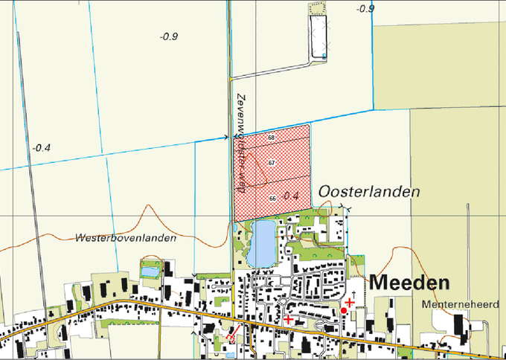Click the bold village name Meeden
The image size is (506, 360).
click(409, 283)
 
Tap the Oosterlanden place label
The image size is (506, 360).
click(368, 192)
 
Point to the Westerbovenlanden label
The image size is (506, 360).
click(126, 238)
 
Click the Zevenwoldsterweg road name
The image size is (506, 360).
click(241, 144)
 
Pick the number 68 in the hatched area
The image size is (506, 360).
click(272, 138)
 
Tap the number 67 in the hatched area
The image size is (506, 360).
click(272, 163)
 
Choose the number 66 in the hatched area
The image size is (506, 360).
click(273, 198)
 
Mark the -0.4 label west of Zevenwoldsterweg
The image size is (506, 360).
click(41, 148)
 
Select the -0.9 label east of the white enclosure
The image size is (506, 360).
click(365, 9)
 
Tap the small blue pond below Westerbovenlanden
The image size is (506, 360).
click(150, 271)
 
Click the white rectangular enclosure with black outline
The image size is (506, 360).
click(319, 35)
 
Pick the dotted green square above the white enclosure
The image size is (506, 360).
click(318, 7)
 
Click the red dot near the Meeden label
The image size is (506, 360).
click(344, 309)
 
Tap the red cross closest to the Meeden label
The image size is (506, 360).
click(349, 302)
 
